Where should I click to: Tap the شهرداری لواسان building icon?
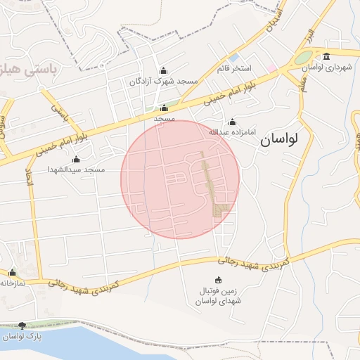326,56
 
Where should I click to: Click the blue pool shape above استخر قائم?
234,56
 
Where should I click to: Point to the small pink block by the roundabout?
271,67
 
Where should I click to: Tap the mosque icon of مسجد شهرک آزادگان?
164,70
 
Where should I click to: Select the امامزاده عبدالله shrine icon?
233,122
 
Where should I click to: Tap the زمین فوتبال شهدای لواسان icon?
217,280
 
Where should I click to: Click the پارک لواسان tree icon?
22,326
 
